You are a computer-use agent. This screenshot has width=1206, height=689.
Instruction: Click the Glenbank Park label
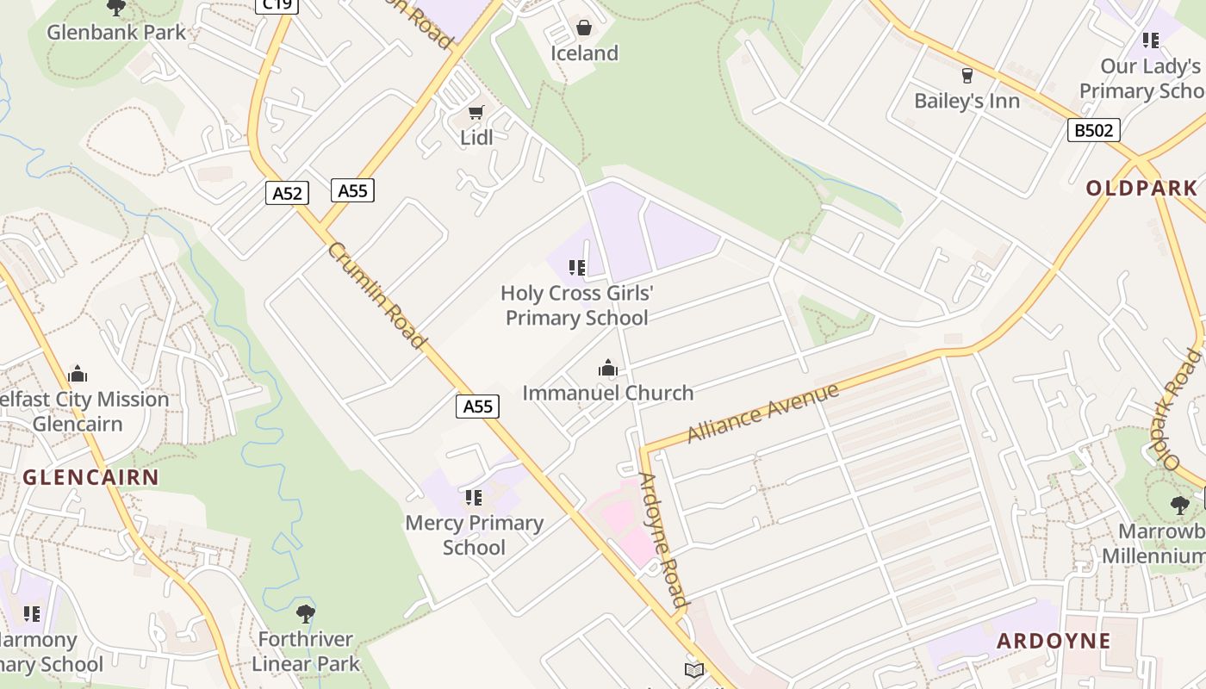pyautogui.click(x=116, y=33)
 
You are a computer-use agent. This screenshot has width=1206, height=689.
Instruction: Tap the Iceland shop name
pyautogui.click(x=585, y=53)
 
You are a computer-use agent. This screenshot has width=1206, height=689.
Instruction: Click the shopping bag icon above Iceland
pyautogui.click(x=584, y=28)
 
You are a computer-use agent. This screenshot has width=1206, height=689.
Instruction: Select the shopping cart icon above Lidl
pyautogui.click(x=476, y=113)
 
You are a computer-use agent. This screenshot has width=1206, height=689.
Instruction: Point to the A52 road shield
pyautogui.click(x=287, y=193)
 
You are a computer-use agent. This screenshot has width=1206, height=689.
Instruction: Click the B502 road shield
pyautogui.click(x=1094, y=130)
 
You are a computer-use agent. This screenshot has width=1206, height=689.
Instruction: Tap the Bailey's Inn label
pyautogui.click(x=967, y=101)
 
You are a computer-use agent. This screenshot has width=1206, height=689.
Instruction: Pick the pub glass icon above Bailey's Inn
pyautogui.click(x=967, y=76)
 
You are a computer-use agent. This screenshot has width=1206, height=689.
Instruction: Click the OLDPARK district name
pyautogui.click(x=1141, y=189)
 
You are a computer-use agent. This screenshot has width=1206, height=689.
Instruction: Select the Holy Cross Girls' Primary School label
pyautogui.click(x=577, y=306)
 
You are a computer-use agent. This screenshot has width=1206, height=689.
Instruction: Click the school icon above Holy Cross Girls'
pyautogui.click(x=577, y=268)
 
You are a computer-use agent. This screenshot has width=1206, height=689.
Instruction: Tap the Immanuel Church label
pyautogui.click(x=608, y=393)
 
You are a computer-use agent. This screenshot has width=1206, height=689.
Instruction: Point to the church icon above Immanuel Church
pyautogui.click(x=608, y=369)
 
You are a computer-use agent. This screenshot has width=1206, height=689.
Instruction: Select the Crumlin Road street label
pyautogui.click(x=377, y=295)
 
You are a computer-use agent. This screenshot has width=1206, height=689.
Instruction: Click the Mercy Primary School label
pyautogui.click(x=474, y=535)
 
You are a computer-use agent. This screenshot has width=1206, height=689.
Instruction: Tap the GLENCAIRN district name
pyautogui.click(x=90, y=477)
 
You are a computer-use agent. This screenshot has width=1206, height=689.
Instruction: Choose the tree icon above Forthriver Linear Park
pyautogui.click(x=305, y=614)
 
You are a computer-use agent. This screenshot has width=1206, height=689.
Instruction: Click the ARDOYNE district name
pyautogui.click(x=1054, y=641)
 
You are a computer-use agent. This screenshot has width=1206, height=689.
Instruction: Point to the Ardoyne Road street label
pyautogui.click(x=664, y=540)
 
